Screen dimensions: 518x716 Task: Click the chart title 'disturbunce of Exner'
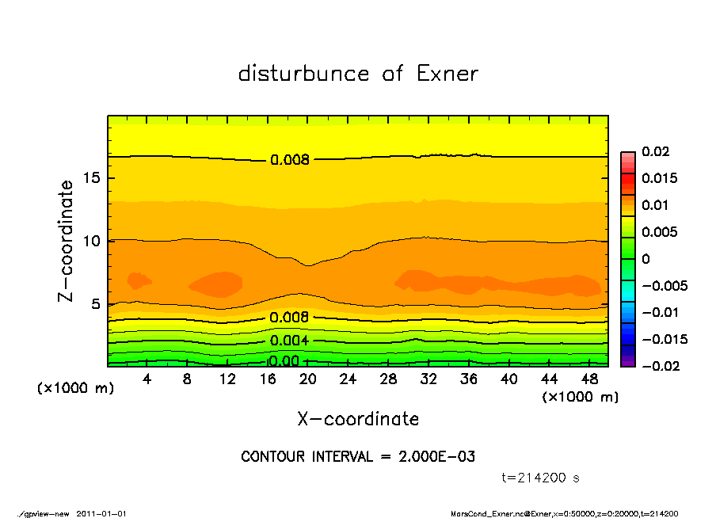[x=358, y=74]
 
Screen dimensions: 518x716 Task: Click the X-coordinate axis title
[x=358, y=418]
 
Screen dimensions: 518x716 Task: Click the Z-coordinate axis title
[x=67, y=240]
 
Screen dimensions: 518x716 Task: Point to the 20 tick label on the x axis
[x=308, y=379]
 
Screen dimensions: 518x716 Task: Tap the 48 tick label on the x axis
[x=588, y=379]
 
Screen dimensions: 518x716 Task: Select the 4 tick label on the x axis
[x=147, y=379]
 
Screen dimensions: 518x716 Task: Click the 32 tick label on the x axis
[x=428, y=379]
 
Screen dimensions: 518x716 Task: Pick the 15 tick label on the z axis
[x=92, y=177]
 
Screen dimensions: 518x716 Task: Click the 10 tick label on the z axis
[x=92, y=241]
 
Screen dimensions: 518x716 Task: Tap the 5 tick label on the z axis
[x=96, y=303]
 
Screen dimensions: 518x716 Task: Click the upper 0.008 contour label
[x=290, y=160]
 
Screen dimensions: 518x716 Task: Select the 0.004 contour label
[x=290, y=341]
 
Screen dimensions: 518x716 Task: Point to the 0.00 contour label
[x=284, y=361]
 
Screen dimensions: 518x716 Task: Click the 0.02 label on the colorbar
[x=656, y=151]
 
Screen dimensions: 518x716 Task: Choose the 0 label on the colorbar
[x=646, y=259]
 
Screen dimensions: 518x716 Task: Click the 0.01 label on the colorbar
[x=656, y=205]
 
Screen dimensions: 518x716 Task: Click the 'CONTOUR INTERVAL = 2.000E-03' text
[x=358, y=457]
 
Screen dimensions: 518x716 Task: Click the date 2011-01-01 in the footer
[x=102, y=513]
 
